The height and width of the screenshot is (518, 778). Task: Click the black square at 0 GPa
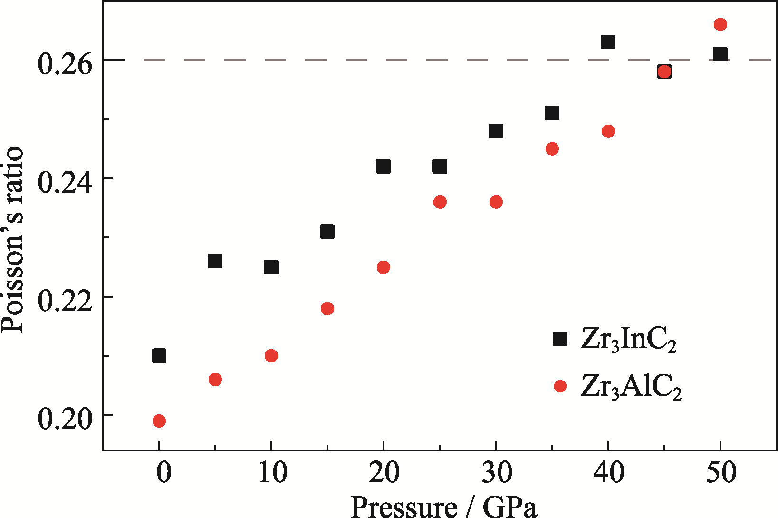click(x=159, y=355)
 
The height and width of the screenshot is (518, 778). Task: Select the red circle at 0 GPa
click(x=159, y=420)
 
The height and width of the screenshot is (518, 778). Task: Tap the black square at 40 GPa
click(x=608, y=42)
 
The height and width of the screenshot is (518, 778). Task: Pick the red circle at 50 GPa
click(x=720, y=25)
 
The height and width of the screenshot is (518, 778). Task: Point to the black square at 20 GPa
click(x=384, y=166)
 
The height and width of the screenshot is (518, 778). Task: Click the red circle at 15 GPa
click(x=327, y=309)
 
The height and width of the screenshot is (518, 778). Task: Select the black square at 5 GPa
click(x=215, y=261)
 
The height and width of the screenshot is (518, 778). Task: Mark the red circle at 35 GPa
click(x=552, y=149)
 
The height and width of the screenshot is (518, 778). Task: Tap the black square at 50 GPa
click(x=720, y=54)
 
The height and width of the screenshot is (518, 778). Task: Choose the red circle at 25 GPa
click(x=440, y=202)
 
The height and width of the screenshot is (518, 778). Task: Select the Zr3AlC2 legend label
click(x=631, y=387)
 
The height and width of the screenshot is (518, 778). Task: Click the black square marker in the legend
click(x=560, y=339)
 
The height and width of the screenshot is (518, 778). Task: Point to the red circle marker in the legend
click(x=560, y=386)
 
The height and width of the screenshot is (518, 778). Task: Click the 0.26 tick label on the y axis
click(x=65, y=64)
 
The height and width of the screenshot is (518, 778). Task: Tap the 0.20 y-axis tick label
click(x=65, y=420)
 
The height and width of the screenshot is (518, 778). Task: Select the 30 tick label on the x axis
click(x=496, y=473)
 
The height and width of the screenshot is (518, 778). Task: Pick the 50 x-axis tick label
click(x=721, y=473)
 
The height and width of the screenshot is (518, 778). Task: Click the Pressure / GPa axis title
click(x=444, y=507)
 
